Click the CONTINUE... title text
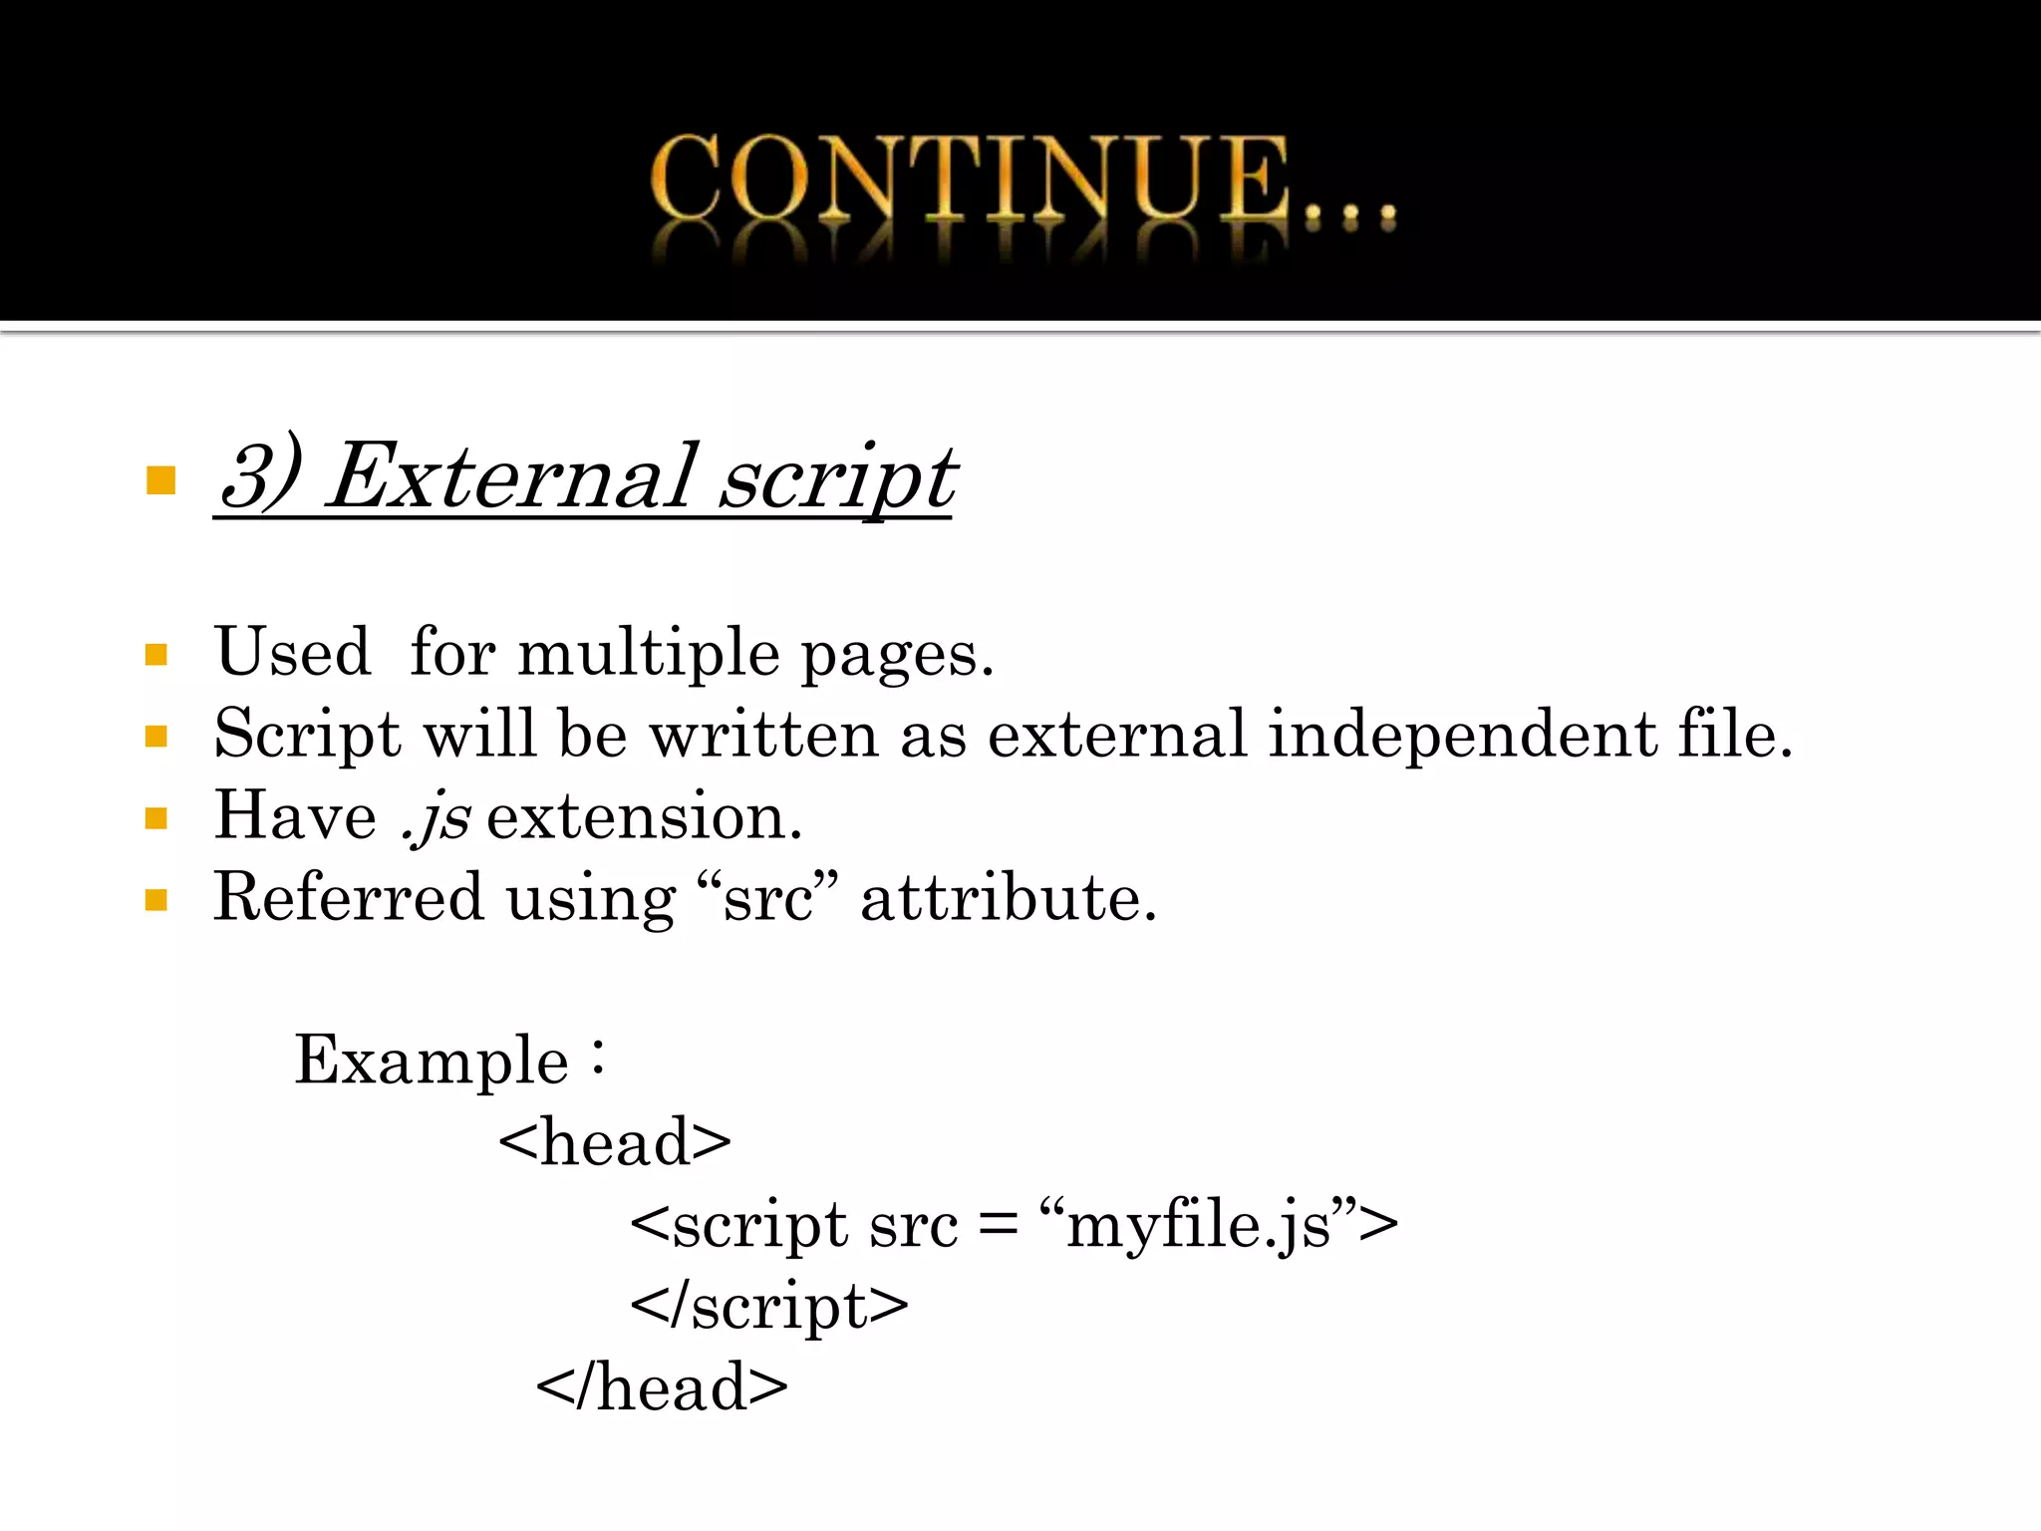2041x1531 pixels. tap(1021, 179)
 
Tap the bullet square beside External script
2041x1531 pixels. tap(160, 480)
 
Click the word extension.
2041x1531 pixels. tap(644, 817)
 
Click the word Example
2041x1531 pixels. tap(432, 1061)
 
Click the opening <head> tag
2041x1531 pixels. tap(615, 1142)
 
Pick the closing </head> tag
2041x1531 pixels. tap(662, 1387)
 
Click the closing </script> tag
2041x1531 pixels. tap(769, 1306)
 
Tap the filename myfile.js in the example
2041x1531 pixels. tap(1199, 1226)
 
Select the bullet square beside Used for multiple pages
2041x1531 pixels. tap(156, 655)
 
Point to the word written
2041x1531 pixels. tap(763, 736)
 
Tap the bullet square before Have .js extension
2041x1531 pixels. tap(156, 818)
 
